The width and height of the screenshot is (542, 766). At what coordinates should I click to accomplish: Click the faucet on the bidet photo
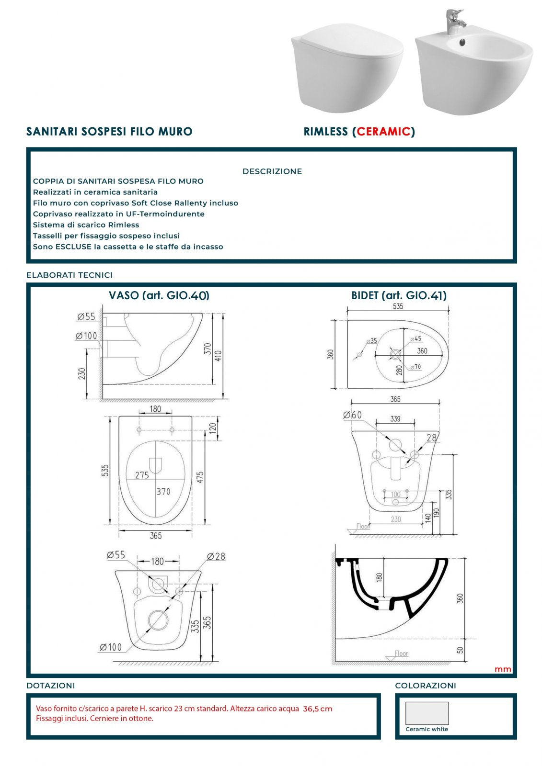click(x=452, y=22)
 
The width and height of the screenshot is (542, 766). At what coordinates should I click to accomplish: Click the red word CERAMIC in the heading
click(x=383, y=132)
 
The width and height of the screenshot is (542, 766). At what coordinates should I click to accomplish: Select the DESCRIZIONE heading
click(x=272, y=171)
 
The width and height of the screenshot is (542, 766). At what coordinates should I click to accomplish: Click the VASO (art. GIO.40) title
click(x=159, y=295)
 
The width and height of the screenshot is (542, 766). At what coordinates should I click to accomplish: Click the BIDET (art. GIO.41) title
click(x=399, y=295)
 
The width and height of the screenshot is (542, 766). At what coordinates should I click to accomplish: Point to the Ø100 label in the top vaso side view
click(x=86, y=336)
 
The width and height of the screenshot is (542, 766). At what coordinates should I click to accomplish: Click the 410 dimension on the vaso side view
click(x=219, y=356)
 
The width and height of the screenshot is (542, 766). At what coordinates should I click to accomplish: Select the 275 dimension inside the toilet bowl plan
click(x=142, y=475)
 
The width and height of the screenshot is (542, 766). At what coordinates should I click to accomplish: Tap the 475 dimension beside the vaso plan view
click(x=200, y=477)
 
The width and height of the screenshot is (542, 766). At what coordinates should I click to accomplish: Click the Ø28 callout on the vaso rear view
click(x=216, y=556)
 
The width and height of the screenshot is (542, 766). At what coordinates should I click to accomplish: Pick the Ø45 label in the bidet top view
click(x=415, y=339)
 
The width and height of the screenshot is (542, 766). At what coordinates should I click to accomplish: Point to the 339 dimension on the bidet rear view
click(x=395, y=419)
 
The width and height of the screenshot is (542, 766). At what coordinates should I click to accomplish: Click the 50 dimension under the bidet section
click(x=460, y=650)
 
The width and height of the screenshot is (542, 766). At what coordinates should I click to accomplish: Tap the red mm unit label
click(x=503, y=669)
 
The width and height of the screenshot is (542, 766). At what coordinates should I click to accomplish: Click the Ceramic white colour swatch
click(x=427, y=713)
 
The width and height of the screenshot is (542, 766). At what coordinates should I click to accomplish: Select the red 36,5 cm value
click(x=317, y=709)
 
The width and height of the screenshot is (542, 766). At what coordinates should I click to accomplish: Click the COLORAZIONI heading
click(x=425, y=686)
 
